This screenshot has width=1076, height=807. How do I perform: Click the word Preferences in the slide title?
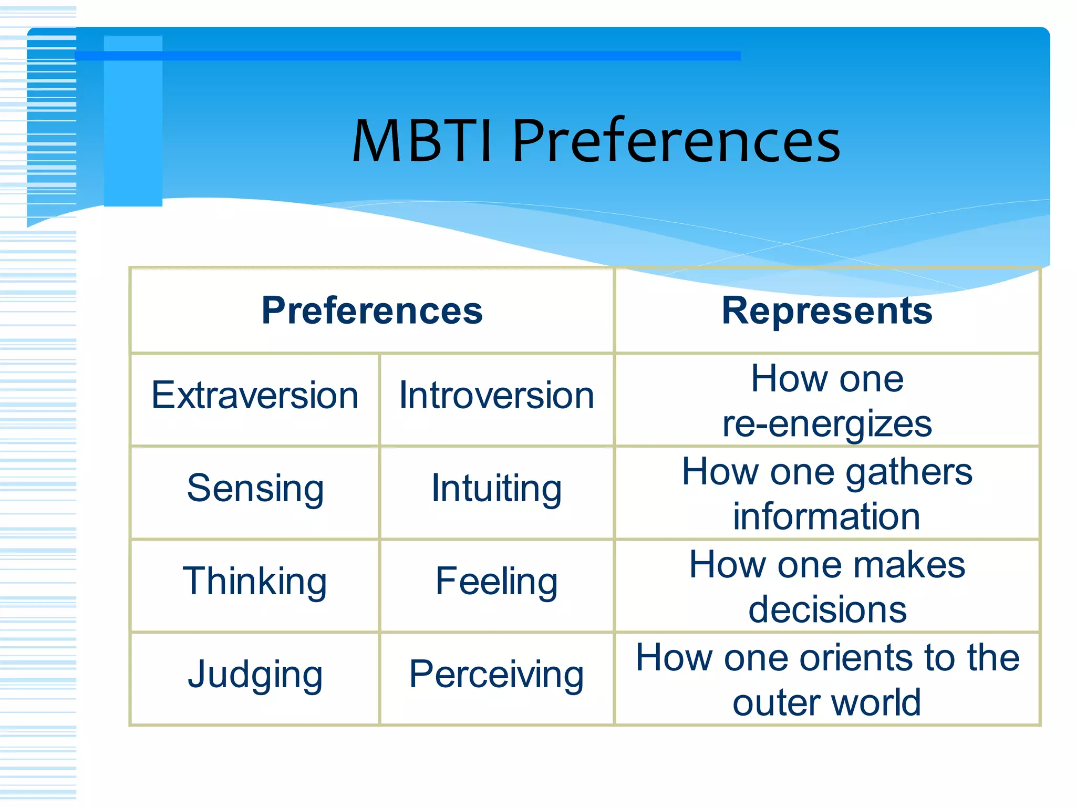pos(676,141)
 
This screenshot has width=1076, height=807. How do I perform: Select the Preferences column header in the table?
pos(372,311)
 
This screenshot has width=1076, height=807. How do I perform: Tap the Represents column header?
pos(827,311)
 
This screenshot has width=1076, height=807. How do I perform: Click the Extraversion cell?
pos(255,395)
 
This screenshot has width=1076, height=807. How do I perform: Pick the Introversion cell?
pos(496,395)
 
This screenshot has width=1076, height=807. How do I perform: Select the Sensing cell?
pos(255,488)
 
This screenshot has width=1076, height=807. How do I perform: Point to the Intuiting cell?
pos(496,488)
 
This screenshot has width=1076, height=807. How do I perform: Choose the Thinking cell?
pos(255,581)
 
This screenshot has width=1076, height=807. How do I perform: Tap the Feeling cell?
pos(496,581)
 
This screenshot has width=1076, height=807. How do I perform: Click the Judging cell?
pos(255,674)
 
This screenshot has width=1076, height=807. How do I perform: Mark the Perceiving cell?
pos(496,674)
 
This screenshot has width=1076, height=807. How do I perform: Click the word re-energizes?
pos(827,423)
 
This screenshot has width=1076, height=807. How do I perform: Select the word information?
pos(827,516)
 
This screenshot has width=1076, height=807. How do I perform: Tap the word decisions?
pos(827,609)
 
